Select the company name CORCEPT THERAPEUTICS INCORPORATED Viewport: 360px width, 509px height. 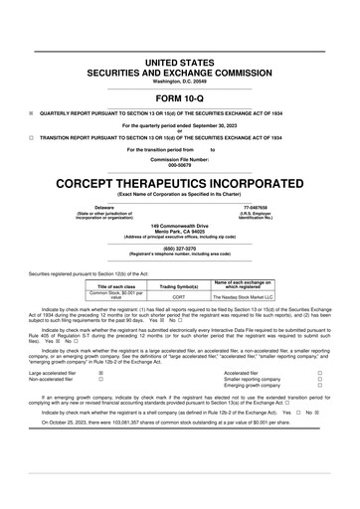180,186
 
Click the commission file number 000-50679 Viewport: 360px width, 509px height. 180,164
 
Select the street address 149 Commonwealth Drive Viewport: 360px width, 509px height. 180,227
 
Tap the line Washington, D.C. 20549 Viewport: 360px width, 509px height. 180,80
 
